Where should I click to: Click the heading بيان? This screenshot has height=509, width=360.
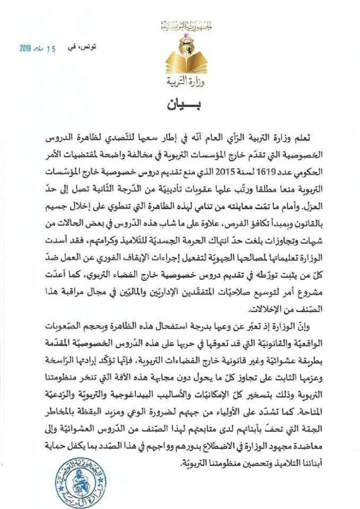point(180,106)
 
